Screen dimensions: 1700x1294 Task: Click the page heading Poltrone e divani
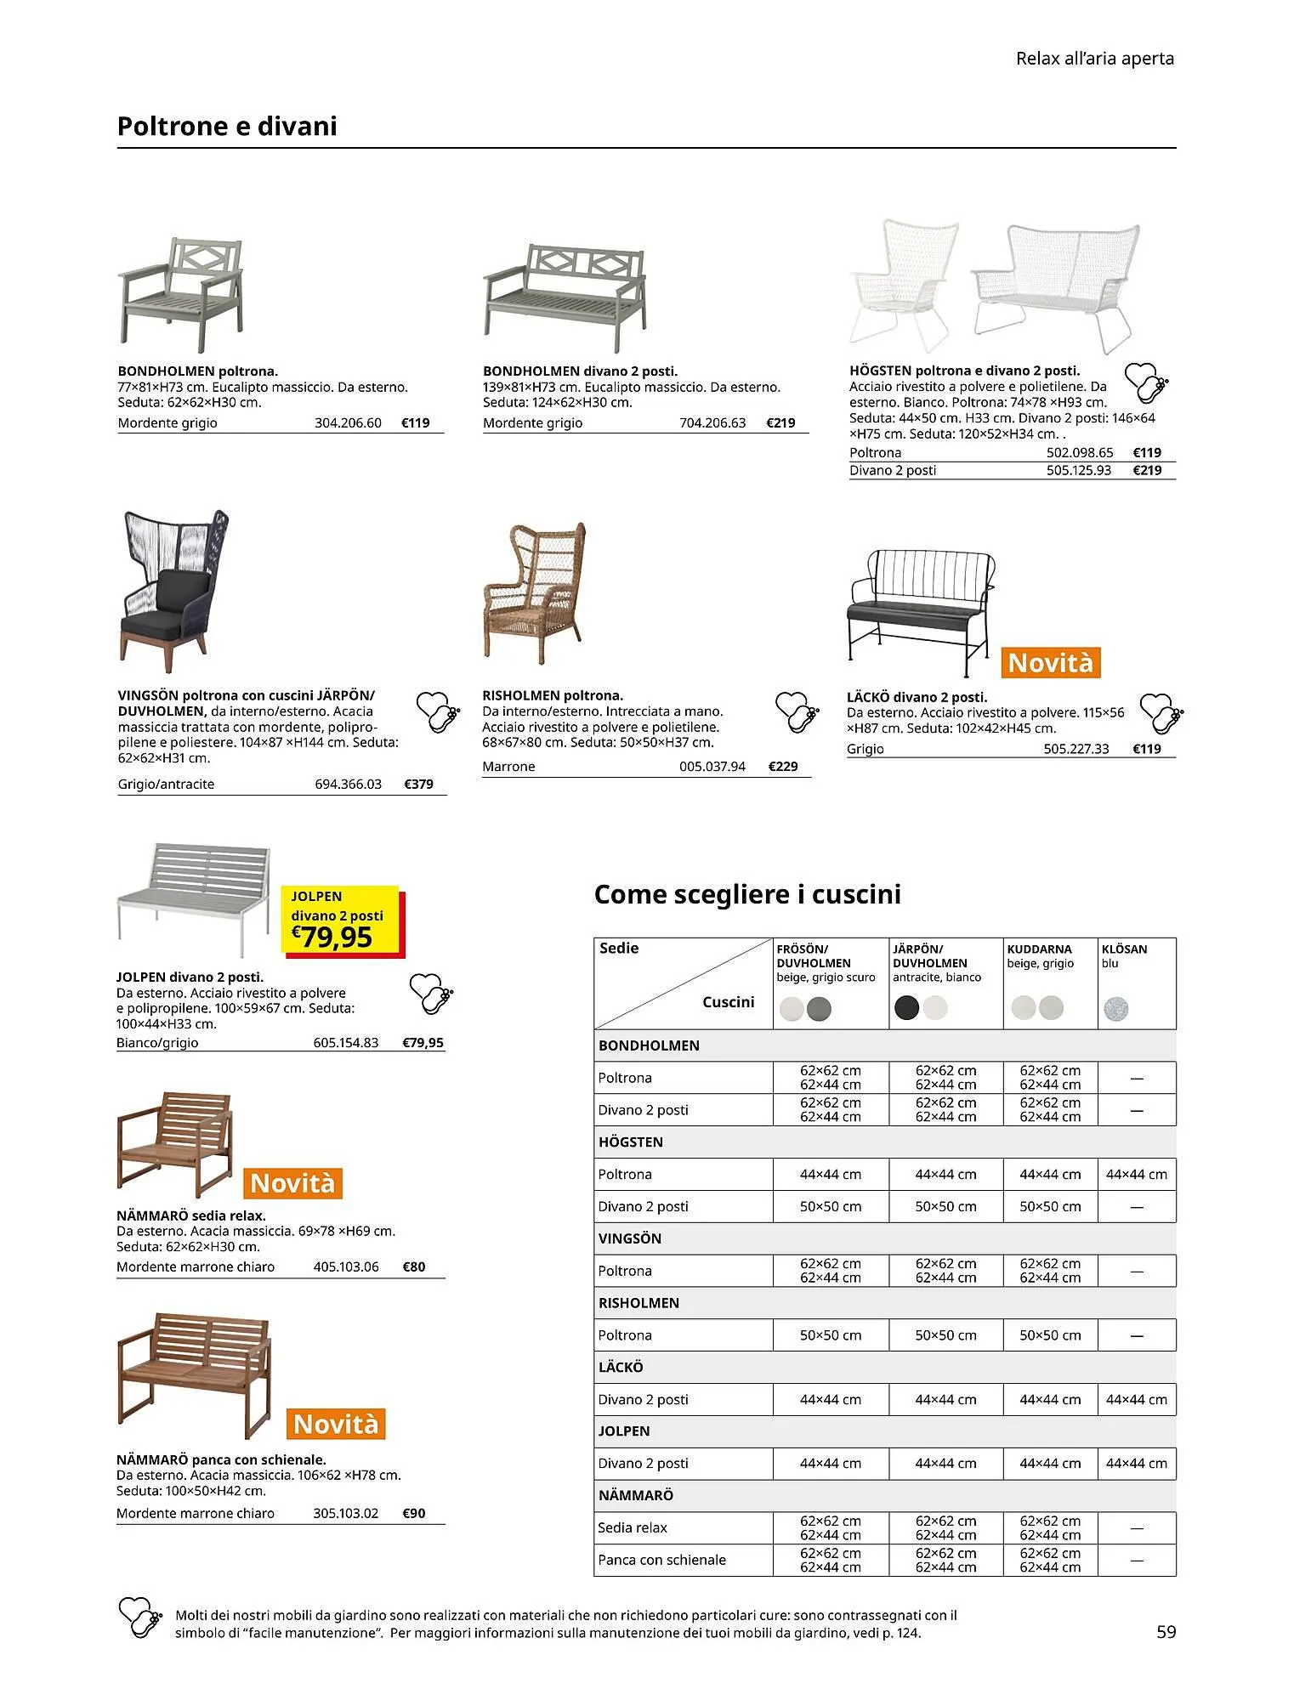227,127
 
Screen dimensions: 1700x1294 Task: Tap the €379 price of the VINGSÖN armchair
418,784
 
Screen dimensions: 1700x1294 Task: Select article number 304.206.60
348,422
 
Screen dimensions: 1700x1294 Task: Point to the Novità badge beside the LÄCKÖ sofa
1051,663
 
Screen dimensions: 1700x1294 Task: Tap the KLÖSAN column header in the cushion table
1124,949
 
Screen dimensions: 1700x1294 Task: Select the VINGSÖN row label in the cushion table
629,1238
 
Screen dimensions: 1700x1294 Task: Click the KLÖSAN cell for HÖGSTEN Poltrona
1136,1174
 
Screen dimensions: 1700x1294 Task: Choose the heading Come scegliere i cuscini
747,894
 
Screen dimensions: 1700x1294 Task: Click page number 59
1166,1631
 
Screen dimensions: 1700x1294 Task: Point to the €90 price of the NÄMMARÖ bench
414,1513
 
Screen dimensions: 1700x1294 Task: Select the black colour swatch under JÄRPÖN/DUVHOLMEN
906,1008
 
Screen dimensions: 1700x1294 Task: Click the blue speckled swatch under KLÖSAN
1115,1009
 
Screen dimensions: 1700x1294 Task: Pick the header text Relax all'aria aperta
1094,59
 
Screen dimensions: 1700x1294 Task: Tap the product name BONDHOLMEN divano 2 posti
580,371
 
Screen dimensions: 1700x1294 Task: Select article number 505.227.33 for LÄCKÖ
1075,749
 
